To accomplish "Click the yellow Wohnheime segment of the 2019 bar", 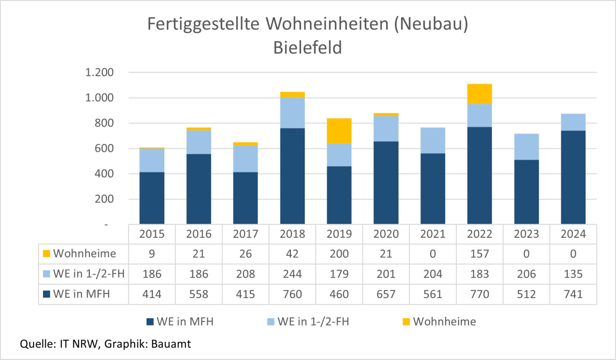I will [x=339, y=131].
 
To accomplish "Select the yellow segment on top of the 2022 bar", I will [x=479, y=94].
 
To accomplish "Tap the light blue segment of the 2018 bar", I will [x=292, y=113].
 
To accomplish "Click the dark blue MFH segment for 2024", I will [x=573, y=177].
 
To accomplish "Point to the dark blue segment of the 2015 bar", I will [x=152, y=198].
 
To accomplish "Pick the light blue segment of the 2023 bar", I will [x=526, y=147].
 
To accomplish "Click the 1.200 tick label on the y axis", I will [x=99, y=73].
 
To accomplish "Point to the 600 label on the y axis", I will [x=104, y=149].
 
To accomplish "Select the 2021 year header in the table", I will [x=433, y=234].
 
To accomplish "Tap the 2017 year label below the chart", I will [x=246, y=234].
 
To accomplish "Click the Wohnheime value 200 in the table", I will [x=339, y=254].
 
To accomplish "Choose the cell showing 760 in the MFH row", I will [x=292, y=294].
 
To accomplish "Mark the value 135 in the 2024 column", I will [x=573, y=274].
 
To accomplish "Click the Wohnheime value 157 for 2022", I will [x=479, y=254].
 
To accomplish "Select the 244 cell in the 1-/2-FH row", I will [x=292, y=274].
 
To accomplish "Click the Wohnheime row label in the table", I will [x=84, y=254].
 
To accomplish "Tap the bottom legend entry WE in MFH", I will [x=185, y=322].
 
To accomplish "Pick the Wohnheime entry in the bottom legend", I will [x=444, y=322].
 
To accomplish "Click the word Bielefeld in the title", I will [x=308, y=48].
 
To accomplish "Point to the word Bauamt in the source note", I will [x=171, y=344].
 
